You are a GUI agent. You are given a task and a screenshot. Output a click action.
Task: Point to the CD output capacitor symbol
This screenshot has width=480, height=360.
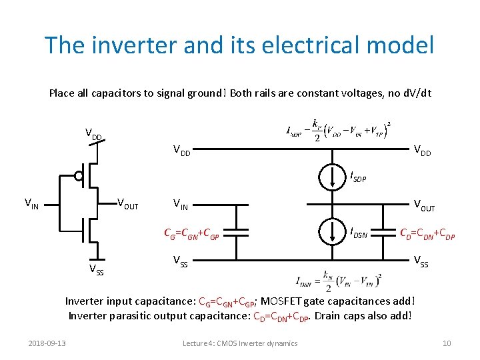383,232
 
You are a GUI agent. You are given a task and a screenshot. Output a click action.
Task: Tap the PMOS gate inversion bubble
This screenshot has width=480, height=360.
79,177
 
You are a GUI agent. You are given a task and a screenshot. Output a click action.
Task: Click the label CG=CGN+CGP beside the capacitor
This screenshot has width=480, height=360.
192,233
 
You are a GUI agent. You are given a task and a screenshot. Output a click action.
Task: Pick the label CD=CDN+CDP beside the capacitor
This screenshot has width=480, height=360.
427,233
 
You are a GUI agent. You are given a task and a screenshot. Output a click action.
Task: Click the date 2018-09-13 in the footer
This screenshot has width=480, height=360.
47,343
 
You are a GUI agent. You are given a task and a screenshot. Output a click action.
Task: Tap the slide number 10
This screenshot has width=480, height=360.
446,343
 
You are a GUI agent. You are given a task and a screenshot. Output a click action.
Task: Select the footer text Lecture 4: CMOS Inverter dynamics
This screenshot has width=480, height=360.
240,343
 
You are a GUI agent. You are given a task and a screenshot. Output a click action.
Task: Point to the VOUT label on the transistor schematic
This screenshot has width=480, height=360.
127,204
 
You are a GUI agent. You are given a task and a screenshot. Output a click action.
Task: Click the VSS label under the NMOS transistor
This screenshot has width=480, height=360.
97,269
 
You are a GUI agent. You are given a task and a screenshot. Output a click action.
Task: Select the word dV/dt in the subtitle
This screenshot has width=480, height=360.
416,93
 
